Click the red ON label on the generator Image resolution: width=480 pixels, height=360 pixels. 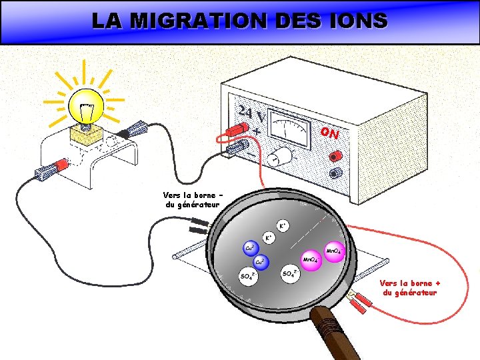coord(329,133)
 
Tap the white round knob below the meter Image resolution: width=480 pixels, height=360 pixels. coord(282,155)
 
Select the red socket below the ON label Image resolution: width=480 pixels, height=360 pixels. coord(335,155)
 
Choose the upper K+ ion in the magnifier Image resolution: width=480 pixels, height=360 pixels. coord(283,227)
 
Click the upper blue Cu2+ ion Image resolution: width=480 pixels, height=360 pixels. coord(249,248)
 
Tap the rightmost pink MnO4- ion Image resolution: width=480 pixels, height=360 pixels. coord(334,251)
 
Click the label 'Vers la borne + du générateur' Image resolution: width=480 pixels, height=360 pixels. coord(410,287)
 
